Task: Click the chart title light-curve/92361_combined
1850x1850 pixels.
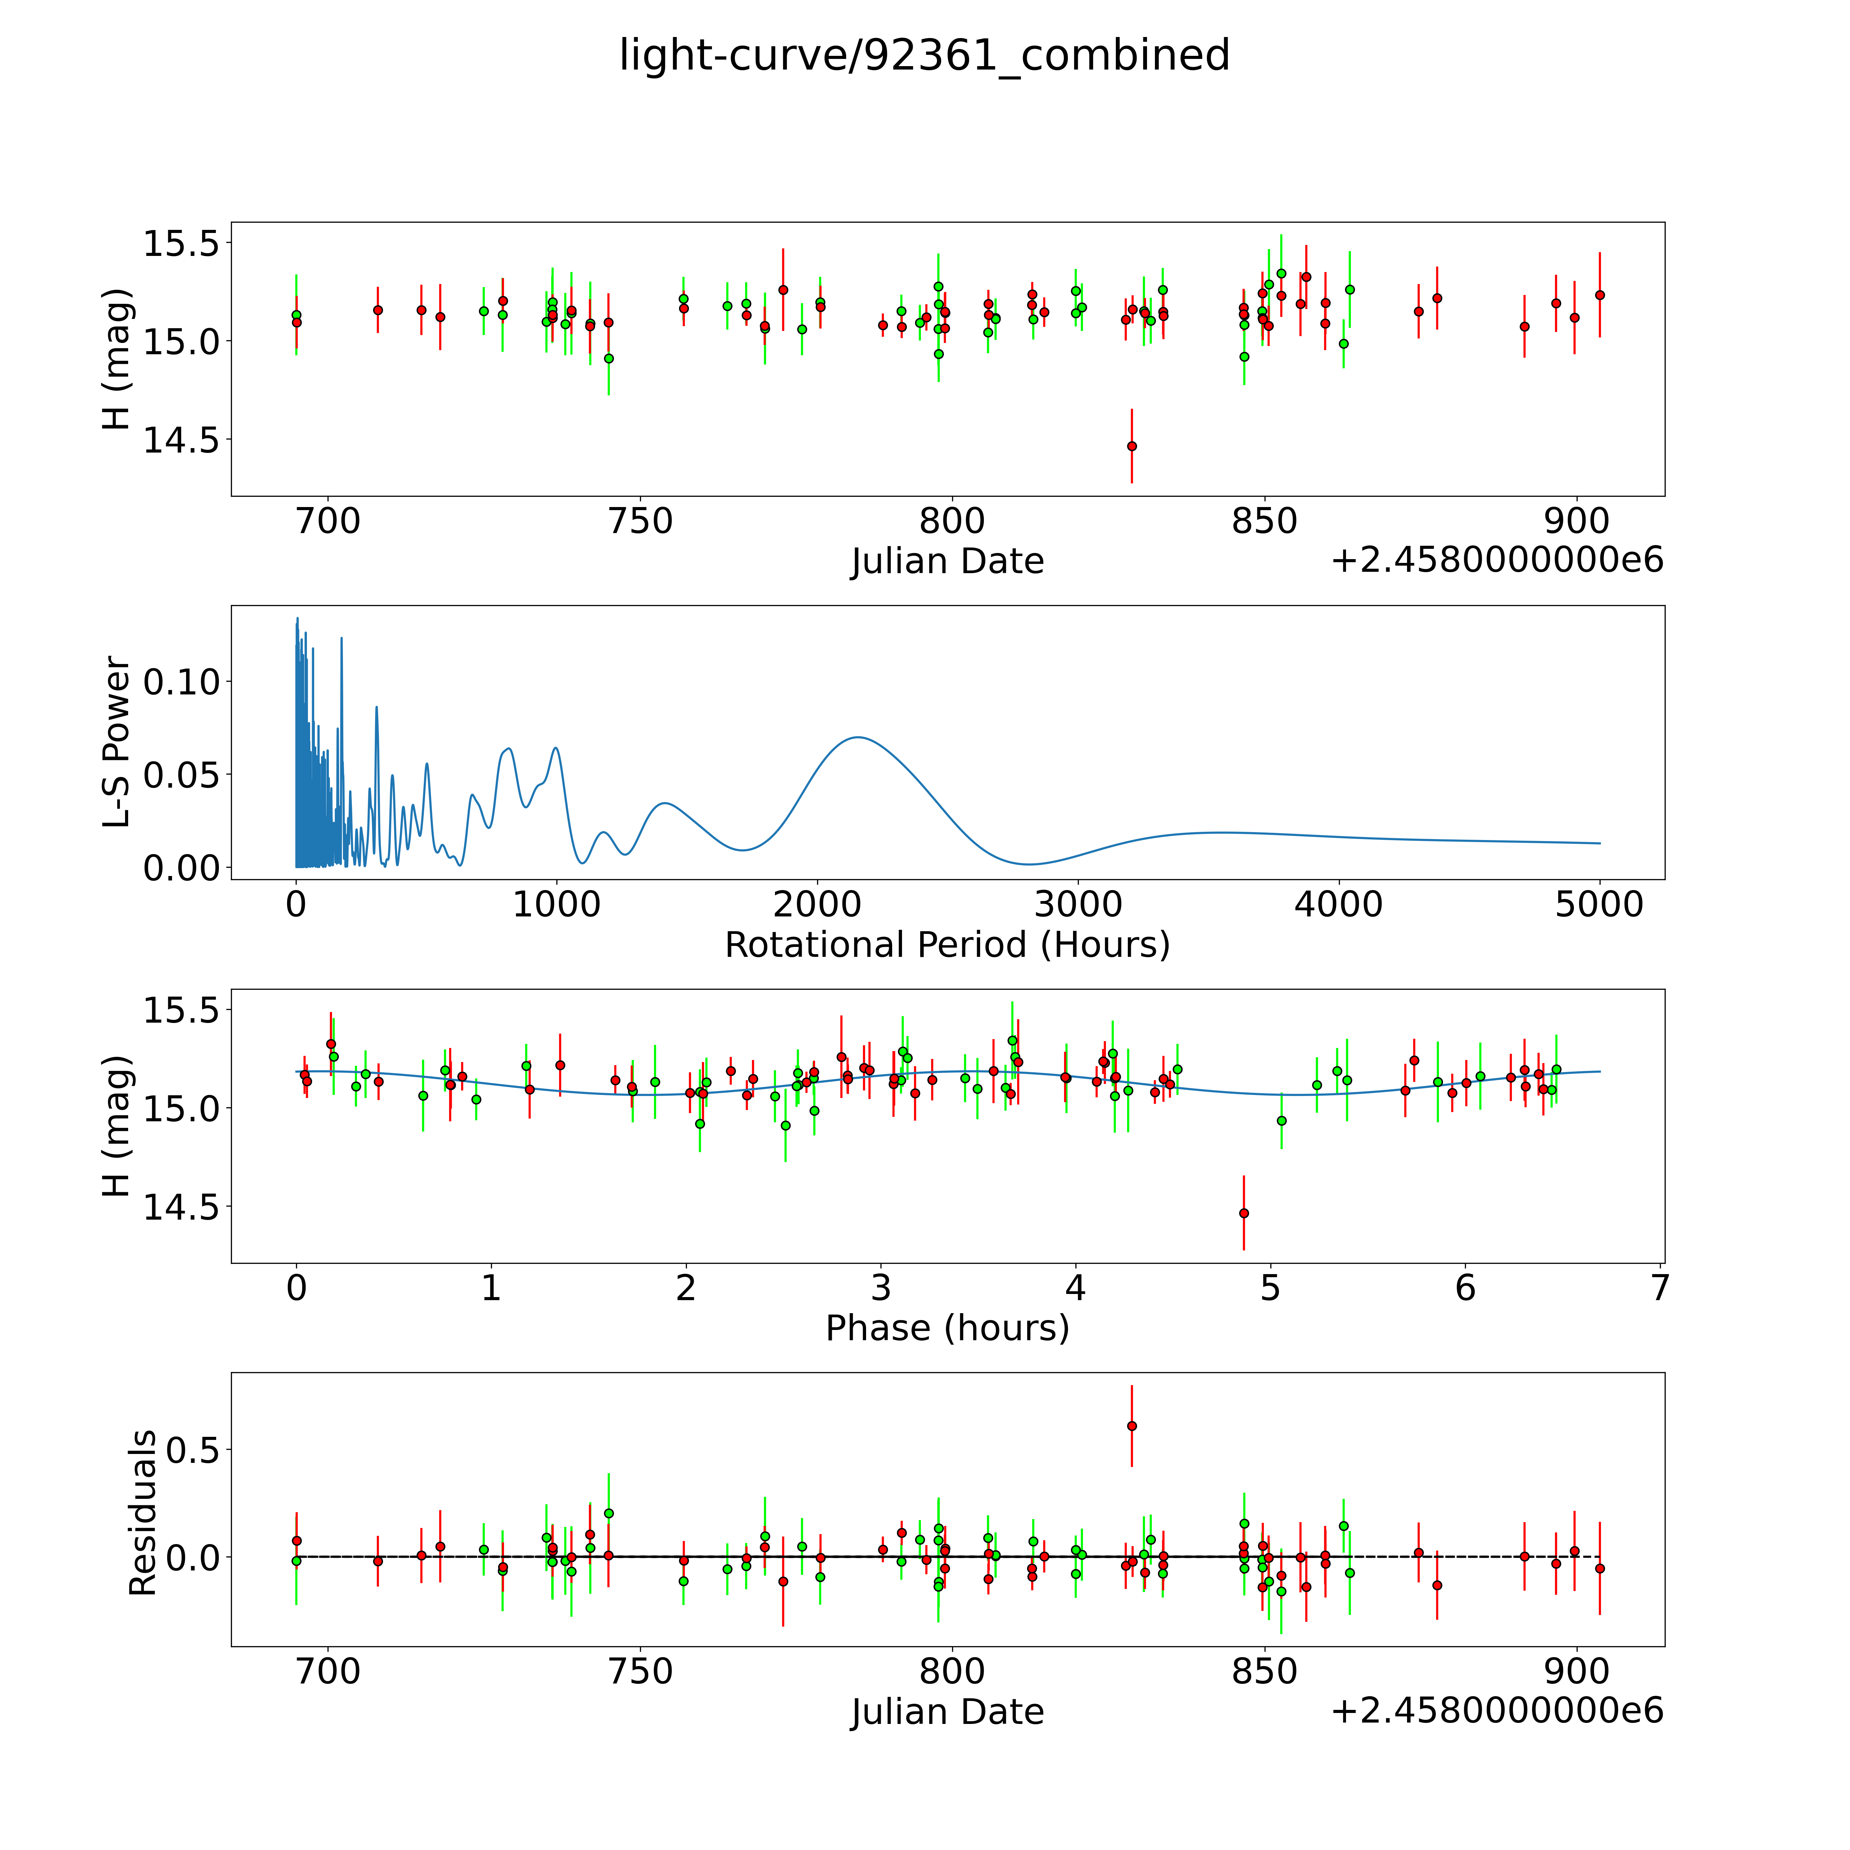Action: (924, 56)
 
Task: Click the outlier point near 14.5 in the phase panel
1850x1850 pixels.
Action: (1244, 1213)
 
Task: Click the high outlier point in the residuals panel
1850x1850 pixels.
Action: (1132, 1426)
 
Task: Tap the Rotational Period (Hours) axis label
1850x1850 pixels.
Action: (947, 945)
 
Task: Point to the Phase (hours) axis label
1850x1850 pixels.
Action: (947, 1328)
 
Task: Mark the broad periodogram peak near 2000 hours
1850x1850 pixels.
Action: (858, 737)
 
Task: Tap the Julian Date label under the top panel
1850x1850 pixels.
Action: (947, 561)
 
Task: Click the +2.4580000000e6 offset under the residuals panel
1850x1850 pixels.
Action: (1497, 1710)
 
